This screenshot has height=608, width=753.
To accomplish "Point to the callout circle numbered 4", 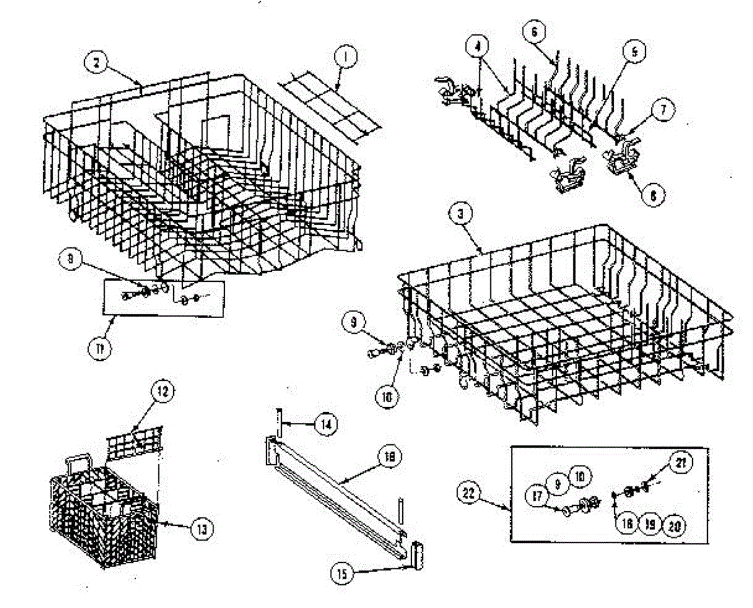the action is click(478, 46).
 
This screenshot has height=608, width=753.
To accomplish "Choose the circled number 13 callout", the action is click(201, 528).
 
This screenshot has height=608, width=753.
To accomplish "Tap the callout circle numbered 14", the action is click(324, 425).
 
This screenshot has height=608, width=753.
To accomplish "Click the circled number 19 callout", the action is click(649, 524).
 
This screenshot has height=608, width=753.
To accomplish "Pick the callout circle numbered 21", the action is click(681, 464).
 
